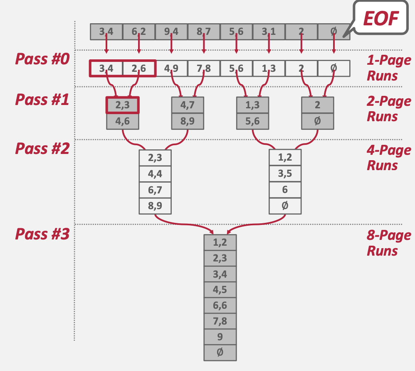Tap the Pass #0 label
pos(42,59)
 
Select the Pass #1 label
pos(42,100)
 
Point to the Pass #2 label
pos(42,149)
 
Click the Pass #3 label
pos(42,234)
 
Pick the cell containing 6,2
pos(138,32)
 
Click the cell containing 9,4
pos(171,32)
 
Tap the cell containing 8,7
pos(203,32)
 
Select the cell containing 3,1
pos(269,32)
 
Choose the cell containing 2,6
pos(138,68)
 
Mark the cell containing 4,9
pos(171,68)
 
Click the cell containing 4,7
pos(188,105)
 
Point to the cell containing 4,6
pos(122,121)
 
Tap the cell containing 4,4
pos(155,174)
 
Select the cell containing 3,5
pos(285,174)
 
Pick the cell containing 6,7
pos(155,190)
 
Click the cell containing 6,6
pos(220,305)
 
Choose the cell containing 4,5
pos(220,289)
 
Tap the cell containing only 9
pos(220,337)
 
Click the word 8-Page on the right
pos(388,236)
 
